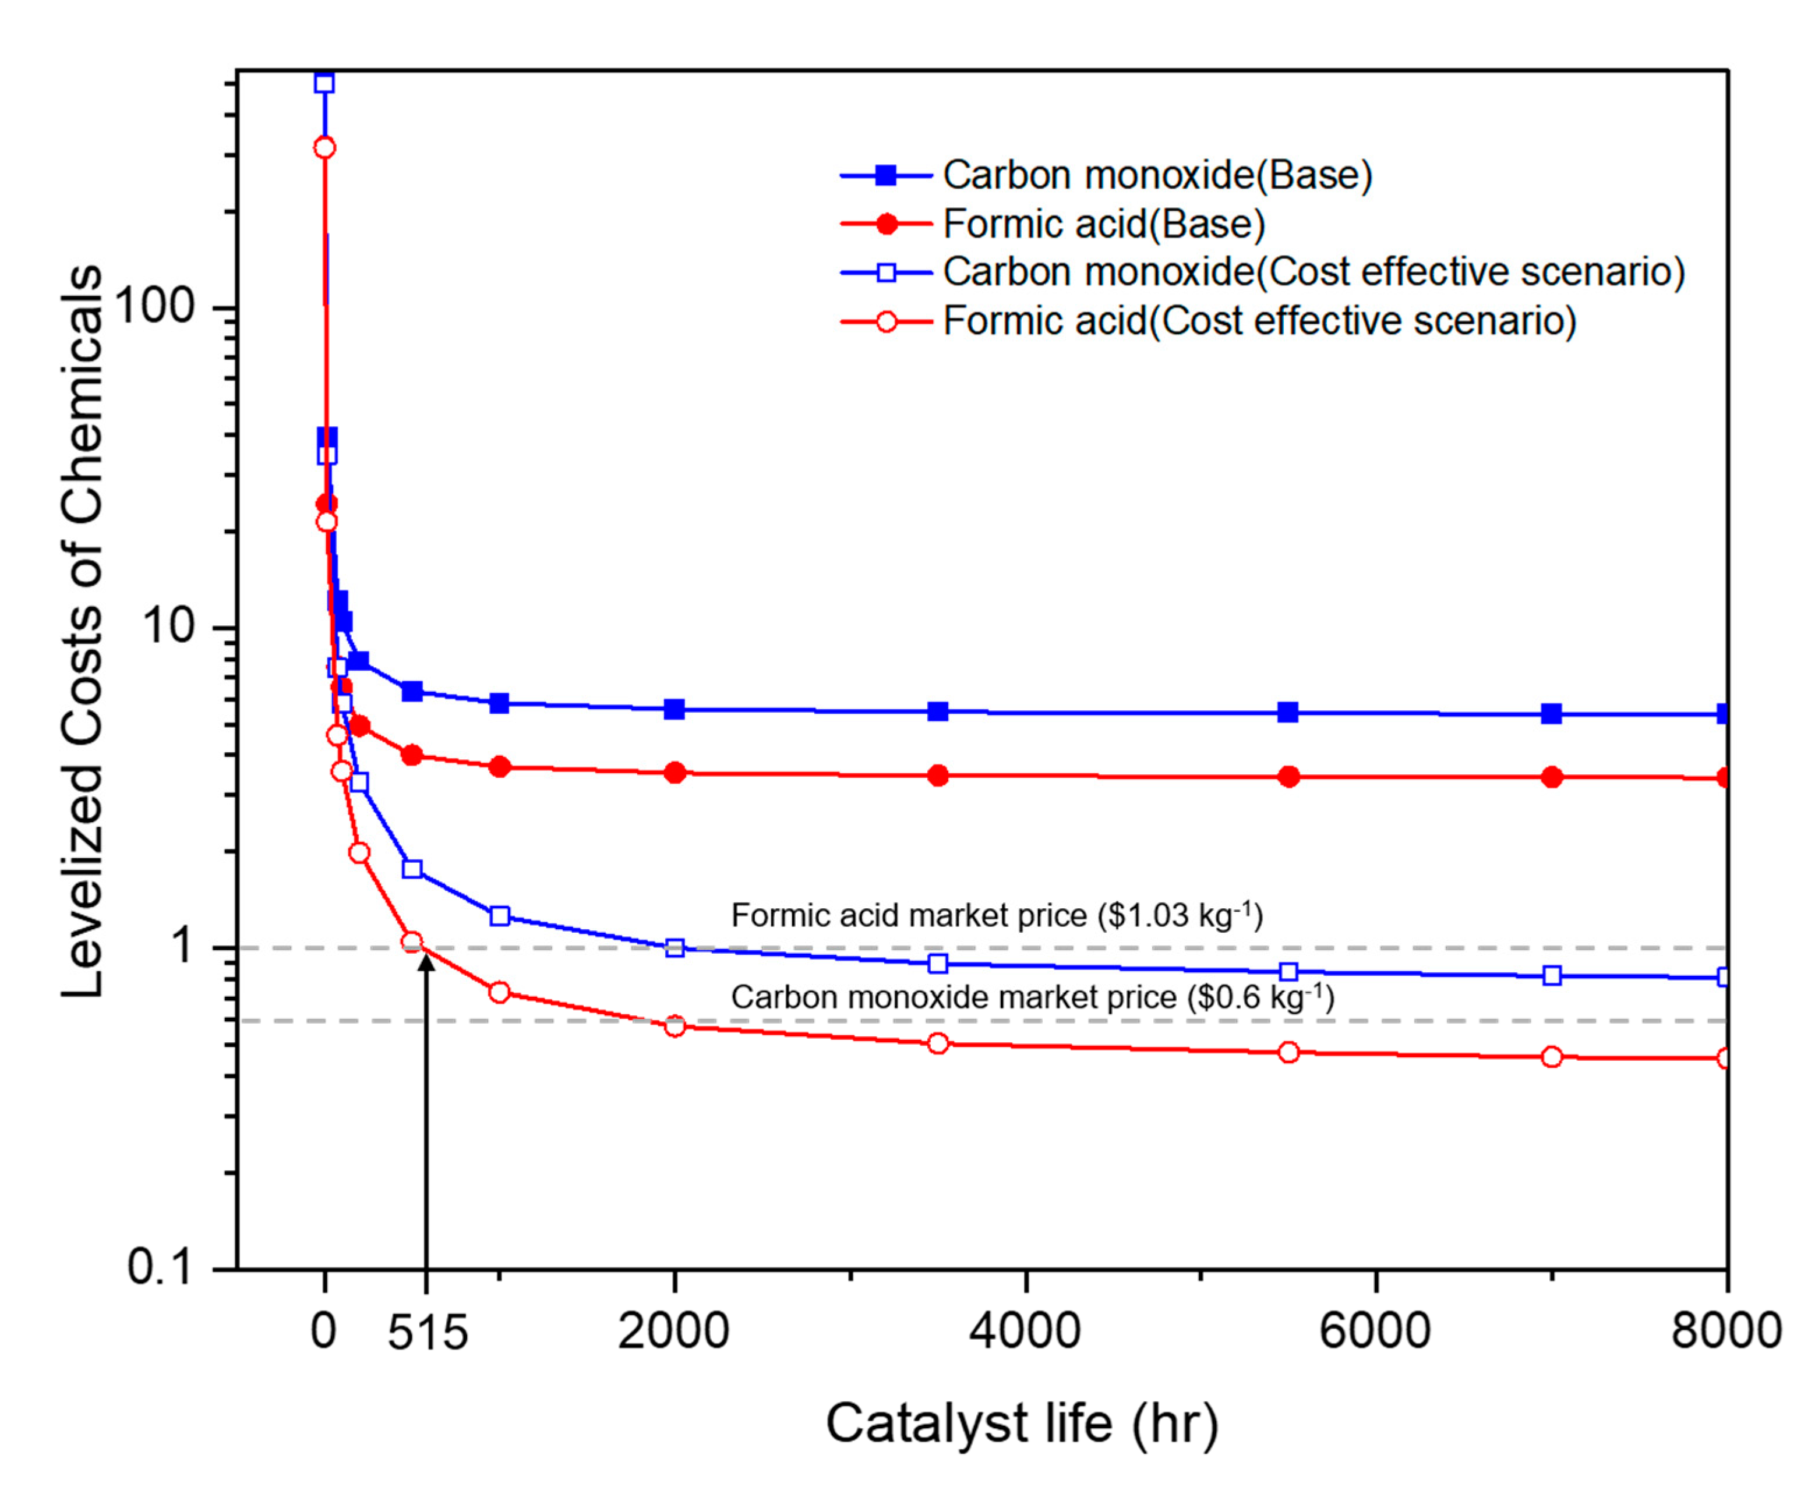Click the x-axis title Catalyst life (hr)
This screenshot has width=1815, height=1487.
coord(1022,1424)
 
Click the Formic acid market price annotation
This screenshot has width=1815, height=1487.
coord(997,916)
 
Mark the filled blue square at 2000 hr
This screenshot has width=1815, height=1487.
coord(675,709)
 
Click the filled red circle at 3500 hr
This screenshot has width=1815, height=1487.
coord(938,776)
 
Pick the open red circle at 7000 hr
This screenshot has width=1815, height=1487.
coord(1551,1057)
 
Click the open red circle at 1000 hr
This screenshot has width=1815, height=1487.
coord(500,993)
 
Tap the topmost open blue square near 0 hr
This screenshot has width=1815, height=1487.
coord(324,83)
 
